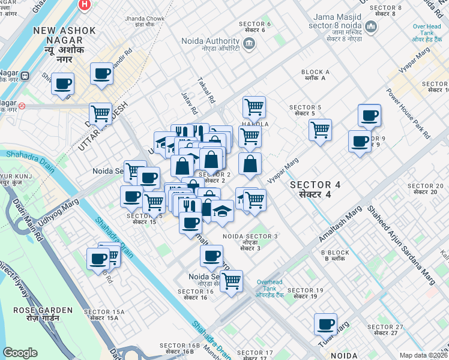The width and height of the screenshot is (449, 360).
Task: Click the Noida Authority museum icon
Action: [x=249, y=43]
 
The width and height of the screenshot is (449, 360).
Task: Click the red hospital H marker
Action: [x=85, y=5]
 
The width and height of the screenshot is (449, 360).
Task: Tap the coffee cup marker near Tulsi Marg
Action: [x=325, y=325]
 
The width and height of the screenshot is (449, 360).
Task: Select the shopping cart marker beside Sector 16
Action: [x=231, y=280]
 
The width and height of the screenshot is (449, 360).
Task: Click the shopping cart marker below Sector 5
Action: [x=320, y=129]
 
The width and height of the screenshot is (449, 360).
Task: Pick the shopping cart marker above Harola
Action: [x=254, y=107]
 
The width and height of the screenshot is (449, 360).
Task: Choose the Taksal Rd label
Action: [x=206, y=91]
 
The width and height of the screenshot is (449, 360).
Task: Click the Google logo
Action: [x=20, y=353]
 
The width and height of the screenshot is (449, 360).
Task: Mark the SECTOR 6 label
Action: [x=256, y=26]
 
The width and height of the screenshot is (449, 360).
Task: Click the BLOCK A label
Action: [x=315, y=74]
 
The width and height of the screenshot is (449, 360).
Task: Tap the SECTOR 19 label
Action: [x=305, y=293]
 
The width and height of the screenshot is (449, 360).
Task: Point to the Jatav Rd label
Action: [x=190, y=103]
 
